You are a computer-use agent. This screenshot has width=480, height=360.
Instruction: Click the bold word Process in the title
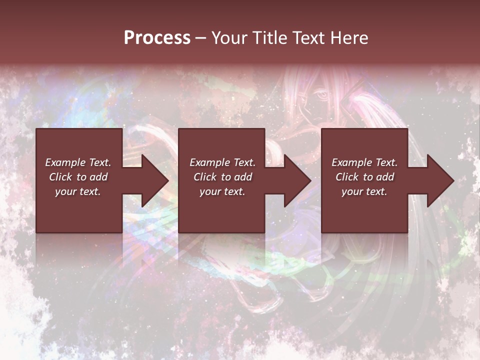tap(157, 38)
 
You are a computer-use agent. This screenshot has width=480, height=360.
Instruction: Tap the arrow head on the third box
tap(439, 180)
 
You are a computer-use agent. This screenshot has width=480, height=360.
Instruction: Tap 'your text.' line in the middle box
tap(222, 191)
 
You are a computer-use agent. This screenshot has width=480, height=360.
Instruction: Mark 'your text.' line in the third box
tap(364, 191)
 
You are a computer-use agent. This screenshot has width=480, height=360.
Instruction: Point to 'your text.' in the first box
tap(77, 191)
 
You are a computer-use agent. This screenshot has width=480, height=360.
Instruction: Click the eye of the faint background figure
tap(322, 94)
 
